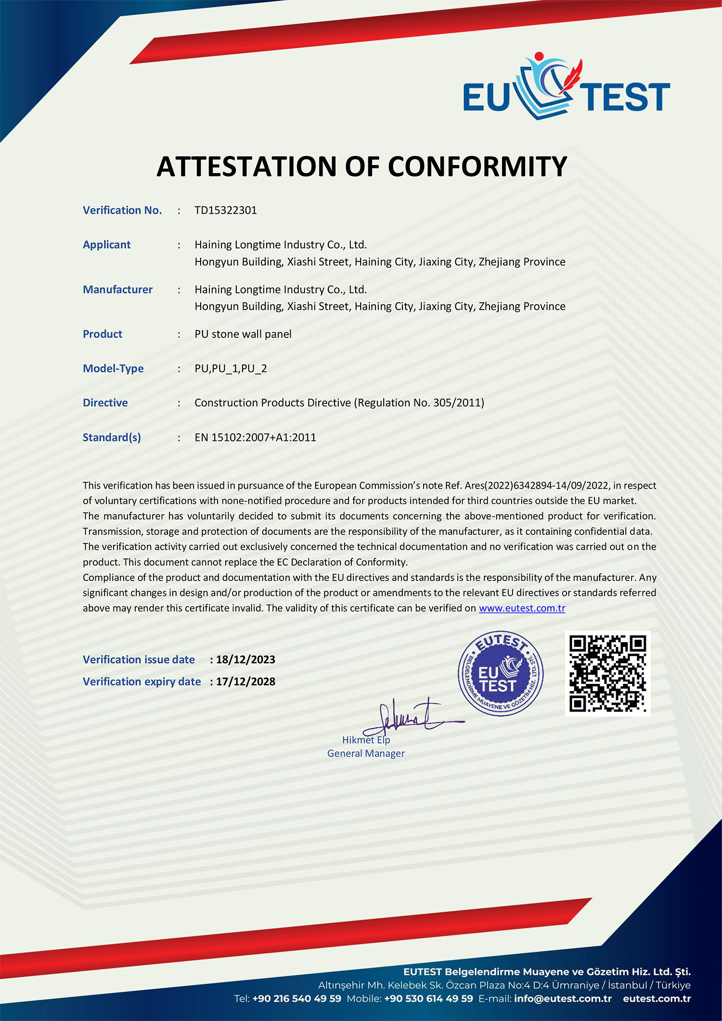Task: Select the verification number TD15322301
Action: click(225, 210)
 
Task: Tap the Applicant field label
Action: click(106, 245)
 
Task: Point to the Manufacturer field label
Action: click(117, 289)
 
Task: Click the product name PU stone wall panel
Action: click(243, 334)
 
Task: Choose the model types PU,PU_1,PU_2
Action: click(231, 369)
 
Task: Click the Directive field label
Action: click(105, 403)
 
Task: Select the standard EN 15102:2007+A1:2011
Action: click(255, 438)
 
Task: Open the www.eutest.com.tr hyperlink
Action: click(522, 608)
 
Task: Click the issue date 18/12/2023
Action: click(245, 659)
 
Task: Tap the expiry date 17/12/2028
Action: click(245, 682)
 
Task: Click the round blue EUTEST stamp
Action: click(500, 673)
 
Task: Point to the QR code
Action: click(607, 673)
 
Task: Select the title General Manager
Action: click(366, 753)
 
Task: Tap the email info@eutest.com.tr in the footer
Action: click(562, 998)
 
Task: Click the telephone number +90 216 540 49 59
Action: click(297, 998)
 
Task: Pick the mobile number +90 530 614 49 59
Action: click(428, 998)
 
